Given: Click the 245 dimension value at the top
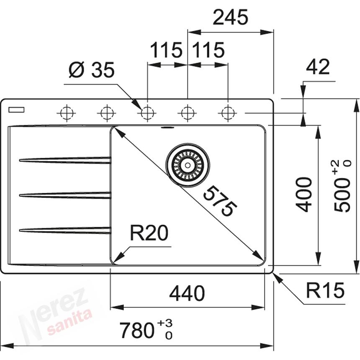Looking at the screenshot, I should click(230, 18).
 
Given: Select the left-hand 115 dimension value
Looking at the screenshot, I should click(166, 51).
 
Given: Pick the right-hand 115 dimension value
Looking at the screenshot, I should click(208, 51).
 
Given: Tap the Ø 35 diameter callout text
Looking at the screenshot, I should click(92, 70).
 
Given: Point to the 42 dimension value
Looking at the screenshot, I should click(318, 67).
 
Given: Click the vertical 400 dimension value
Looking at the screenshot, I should click(304, 194).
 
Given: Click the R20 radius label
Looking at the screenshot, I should click(149, 233).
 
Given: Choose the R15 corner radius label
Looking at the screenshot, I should click(325, 290).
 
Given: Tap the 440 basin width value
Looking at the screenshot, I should click(187, 293).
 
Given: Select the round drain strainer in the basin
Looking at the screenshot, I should click(187, 165).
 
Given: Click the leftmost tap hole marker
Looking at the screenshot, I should click(67, 113).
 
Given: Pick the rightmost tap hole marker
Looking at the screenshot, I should click(227, 113).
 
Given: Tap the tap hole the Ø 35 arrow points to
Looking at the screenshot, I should click(147, 113).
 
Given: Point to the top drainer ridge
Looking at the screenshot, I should click(65, 160).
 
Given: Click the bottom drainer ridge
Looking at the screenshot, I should click(65, 230).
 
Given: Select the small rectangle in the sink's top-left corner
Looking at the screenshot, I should click(16, 110).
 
